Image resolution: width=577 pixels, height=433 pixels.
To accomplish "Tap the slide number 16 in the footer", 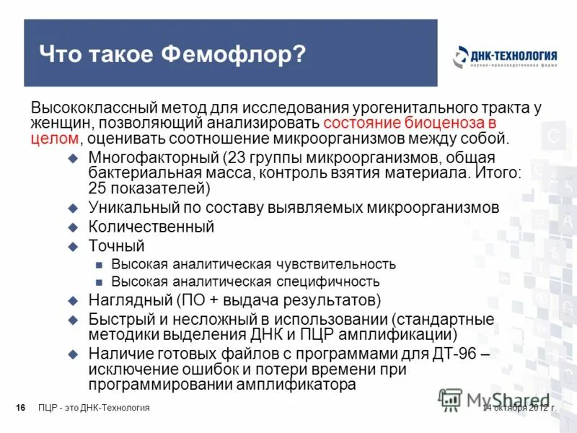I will [20, 408].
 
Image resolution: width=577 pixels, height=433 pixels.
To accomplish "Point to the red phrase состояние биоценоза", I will [405, 123].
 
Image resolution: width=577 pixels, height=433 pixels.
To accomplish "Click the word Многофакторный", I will [153, 157].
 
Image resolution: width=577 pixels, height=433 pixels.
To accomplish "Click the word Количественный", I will [151, 227].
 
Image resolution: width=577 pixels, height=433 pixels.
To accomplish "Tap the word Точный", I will [117, 246].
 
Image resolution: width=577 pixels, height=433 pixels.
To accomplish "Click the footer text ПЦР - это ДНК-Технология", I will [94, 408].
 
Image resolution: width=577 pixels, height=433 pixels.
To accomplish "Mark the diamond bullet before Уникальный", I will [72, 208].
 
